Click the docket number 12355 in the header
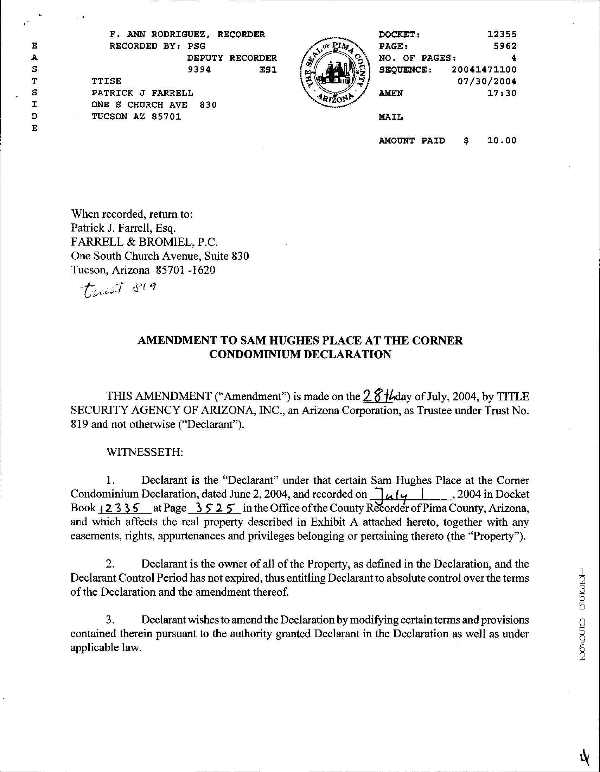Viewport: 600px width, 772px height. click(502, 34)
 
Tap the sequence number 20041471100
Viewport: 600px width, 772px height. click(484, 70)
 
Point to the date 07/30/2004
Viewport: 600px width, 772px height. click(487, 81)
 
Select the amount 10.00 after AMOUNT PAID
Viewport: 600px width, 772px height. click(502, 141)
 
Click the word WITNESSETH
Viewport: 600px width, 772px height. click(145, 452)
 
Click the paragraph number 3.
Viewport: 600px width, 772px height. click(109, 620)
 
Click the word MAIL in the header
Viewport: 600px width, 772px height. click(390, 117)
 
